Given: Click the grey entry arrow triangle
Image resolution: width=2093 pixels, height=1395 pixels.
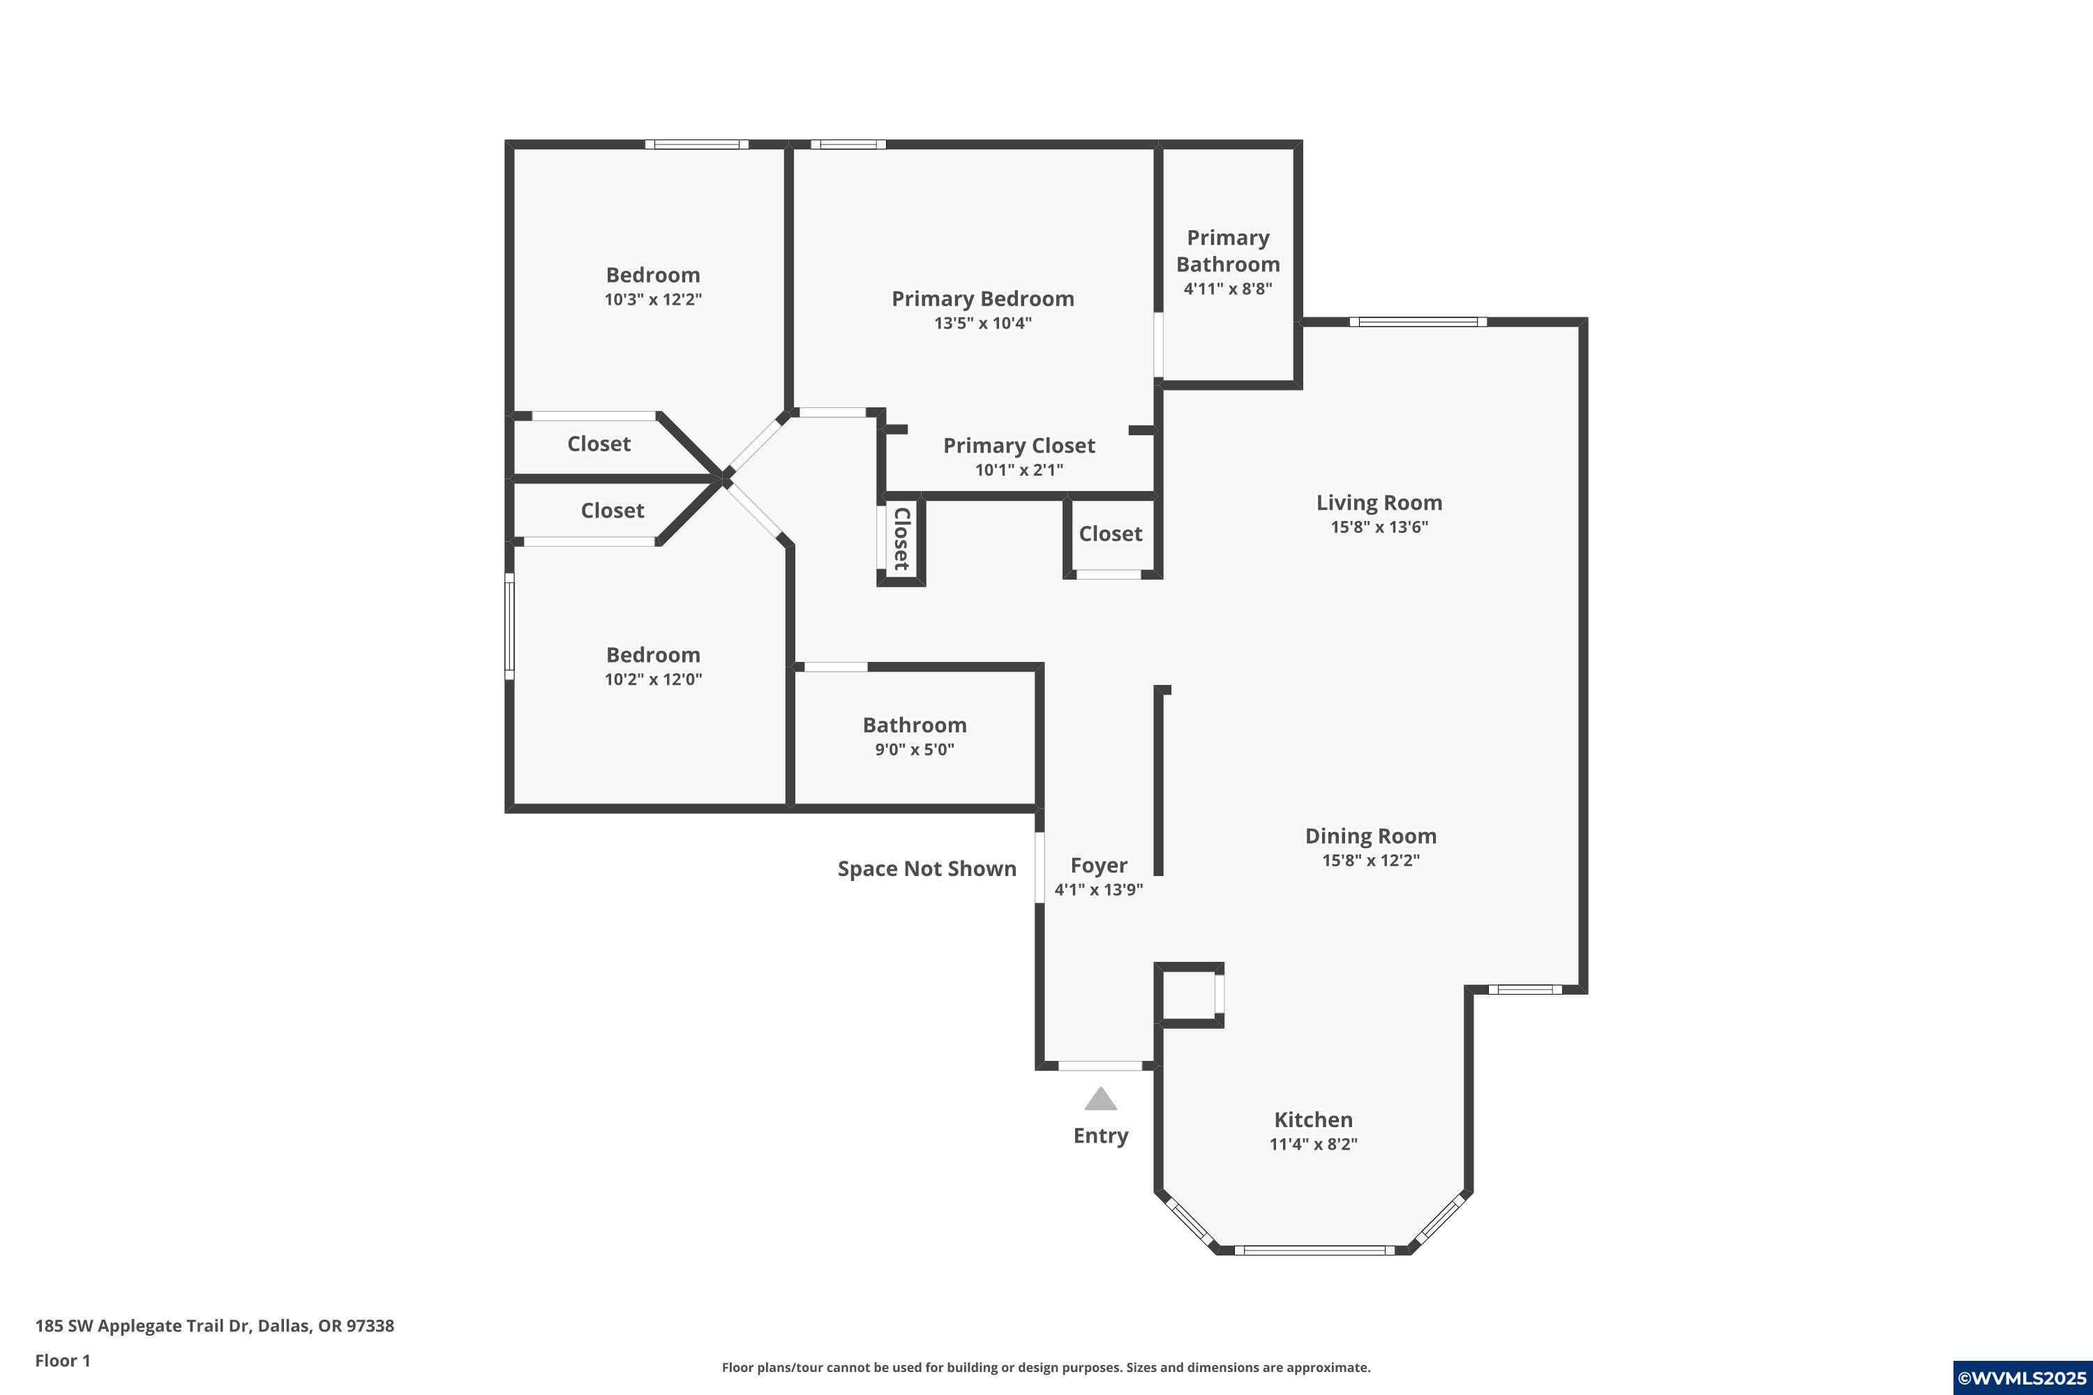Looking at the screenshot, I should (x=1100, y=1100).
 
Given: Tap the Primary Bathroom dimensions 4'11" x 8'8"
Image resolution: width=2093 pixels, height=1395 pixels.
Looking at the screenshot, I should (x=1227, y=288).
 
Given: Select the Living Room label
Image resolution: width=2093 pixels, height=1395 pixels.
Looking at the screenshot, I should (x=1379, y=503).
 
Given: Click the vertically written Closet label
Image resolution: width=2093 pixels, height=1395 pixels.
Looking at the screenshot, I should (x=901, y=538).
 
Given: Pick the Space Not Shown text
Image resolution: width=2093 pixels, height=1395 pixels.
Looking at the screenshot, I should (x=927, y=869).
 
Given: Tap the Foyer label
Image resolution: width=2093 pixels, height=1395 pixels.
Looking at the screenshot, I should (x=1098, y=866).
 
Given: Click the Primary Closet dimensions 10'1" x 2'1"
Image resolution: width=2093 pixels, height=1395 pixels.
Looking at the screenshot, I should (x=1019, y=469).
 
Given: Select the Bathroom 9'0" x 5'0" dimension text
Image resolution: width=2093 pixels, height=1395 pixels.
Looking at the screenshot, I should (x=914, y=749).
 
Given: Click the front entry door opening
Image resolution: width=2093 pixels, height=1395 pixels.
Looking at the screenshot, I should (x=1100, y=1066).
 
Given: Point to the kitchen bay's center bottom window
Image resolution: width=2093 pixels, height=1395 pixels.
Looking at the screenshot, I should (x=1314, y=1250).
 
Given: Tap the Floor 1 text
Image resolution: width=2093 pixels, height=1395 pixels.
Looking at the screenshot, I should (x=62, y=1360).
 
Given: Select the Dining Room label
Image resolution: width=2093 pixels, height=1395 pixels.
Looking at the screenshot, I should (x=1370, y=836).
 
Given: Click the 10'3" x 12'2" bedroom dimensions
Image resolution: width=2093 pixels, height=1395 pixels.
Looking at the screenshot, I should (x=652, y=300).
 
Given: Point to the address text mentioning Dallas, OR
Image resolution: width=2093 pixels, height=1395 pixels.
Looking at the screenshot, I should (x=214, y=1326).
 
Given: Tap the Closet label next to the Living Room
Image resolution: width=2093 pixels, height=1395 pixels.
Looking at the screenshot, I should (x=1110, y=534).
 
